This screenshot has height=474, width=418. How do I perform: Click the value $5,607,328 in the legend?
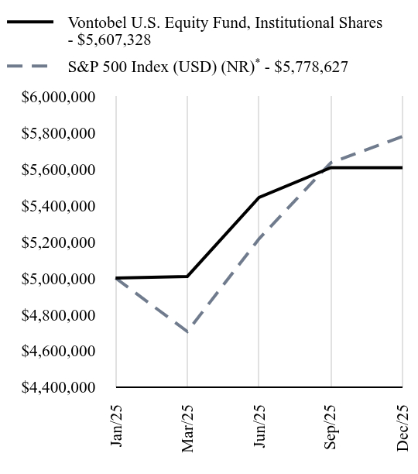pos(114,39)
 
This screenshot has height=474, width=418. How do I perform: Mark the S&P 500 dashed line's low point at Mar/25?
pos(188,332)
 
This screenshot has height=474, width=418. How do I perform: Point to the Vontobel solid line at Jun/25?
pos(259,197)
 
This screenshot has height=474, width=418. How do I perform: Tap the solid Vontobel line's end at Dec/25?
pos(403,167)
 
